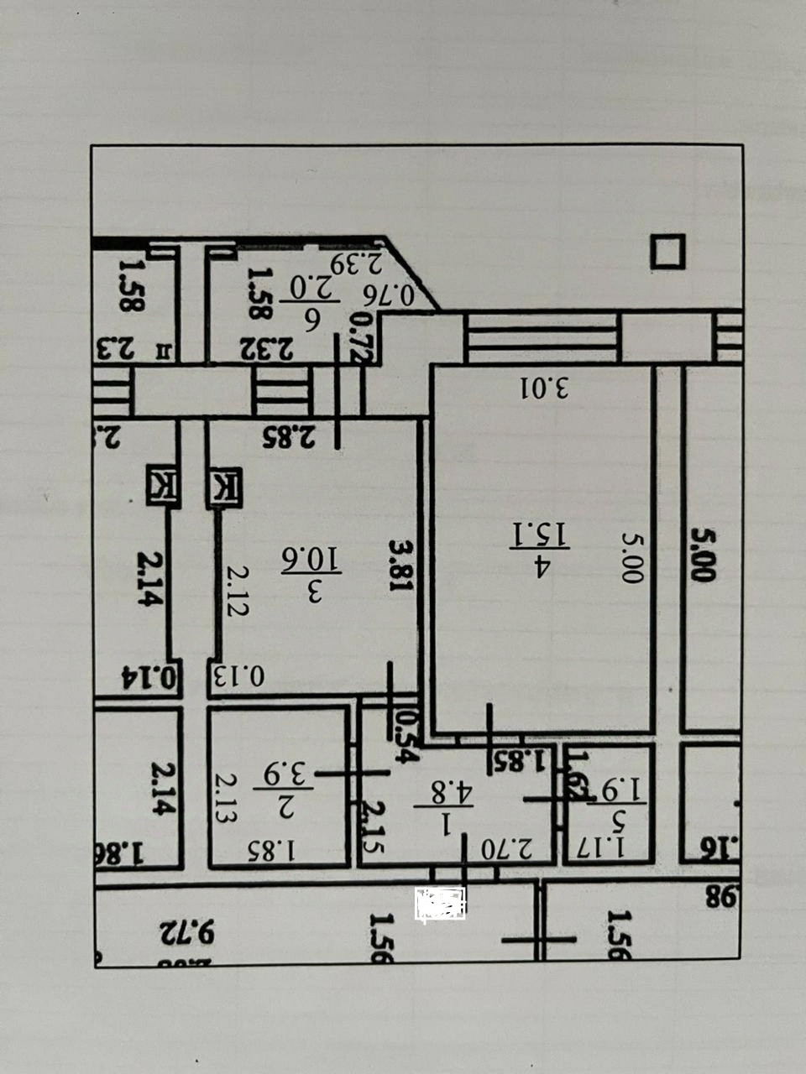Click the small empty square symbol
pos(667,252)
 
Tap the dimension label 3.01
pos(544,388)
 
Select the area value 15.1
pos(555,536)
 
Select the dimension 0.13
pos(238,676)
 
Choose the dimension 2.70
pos(507,848)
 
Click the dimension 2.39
pos(356,263)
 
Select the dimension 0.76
pos(392,295)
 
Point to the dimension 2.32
pos(265,347)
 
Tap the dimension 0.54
pos(406,737)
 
